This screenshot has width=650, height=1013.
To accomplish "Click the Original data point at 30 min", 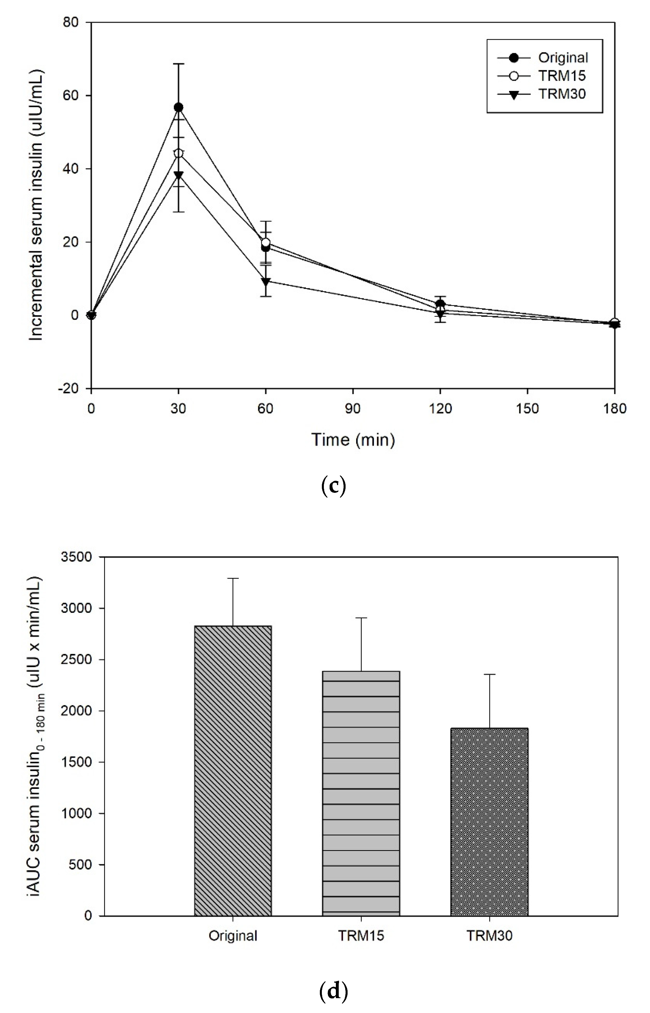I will pos(179,107).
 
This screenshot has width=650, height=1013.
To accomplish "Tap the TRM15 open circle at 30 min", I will pos(179,153).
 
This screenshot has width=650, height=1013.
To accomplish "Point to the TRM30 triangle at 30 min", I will pos(179,175).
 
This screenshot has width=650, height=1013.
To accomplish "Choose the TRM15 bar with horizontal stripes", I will pos(361,793).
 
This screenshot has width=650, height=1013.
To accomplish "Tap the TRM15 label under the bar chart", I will pos(361,936).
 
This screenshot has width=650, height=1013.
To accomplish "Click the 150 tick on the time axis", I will pos(528,408).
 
